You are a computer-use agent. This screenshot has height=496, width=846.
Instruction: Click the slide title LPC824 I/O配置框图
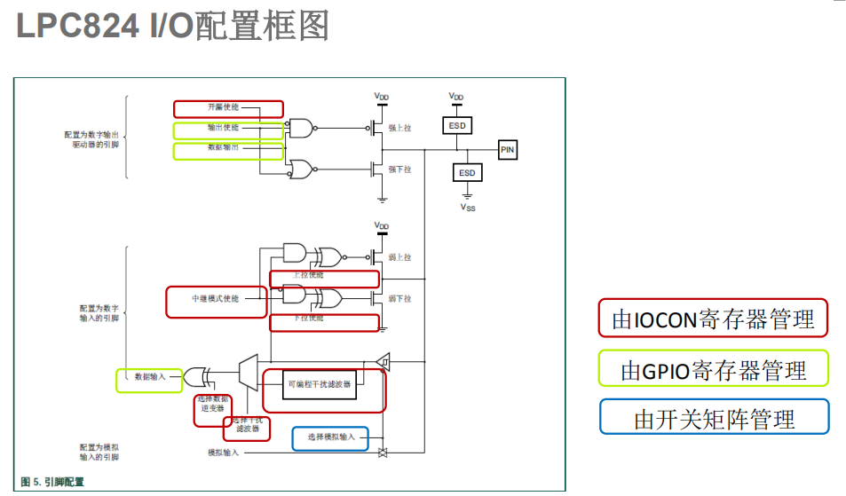[173, 27]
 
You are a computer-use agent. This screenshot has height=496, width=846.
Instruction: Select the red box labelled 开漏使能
[228, 108]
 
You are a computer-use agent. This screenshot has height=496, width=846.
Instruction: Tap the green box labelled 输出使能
[228, 130]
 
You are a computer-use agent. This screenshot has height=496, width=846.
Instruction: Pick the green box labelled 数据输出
[228, 150]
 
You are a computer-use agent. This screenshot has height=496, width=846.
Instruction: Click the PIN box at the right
[507, 150]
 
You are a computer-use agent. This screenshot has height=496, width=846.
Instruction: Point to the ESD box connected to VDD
[457, 126]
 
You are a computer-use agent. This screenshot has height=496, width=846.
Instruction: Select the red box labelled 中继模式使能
[216, 300]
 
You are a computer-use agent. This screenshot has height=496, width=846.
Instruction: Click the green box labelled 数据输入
[149, 379]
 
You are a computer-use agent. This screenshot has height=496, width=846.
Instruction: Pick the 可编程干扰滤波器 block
[320, 385]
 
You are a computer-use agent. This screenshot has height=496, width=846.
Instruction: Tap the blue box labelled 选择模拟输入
[331, 437]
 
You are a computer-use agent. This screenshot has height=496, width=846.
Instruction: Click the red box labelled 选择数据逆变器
[213, 410]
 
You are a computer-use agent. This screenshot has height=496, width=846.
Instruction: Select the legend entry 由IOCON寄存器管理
[713, 319]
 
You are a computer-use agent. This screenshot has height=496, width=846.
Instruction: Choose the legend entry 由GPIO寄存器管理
[713, 368]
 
